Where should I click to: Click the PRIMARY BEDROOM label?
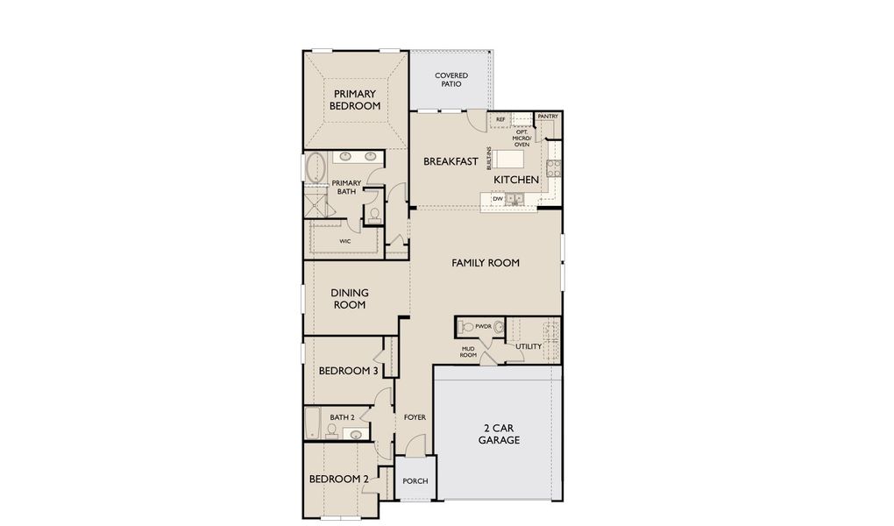pyautogui.click(x=355, y=100)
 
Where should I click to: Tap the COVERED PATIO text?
pyautogui.click(x=451, y=80)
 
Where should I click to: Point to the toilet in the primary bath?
pyautogui.click(x=374, y=212)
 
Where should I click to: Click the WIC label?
pyautogui.click(x=345, y=239)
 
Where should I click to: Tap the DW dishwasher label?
pyautogui.click(x=498, y=199)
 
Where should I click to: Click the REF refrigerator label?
pyautogui.click(x=500, y=119)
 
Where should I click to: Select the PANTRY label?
pyautogui.click(x=548, y=116)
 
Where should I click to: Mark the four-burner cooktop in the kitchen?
pyautogui.click(x=553, y=167)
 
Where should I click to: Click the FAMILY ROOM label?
pyautogui.click(x=486, y=262)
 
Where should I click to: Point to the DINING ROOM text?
pyautogui.click(x=349, y=299)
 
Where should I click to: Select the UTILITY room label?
pyautogui.click(x=529, y=346)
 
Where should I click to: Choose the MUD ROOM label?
pyautogui.click(x=469, y=352)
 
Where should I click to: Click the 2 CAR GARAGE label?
pyautogui.click(x=499, y=435)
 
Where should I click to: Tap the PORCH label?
pyautogui.click(x=415, y=481)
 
